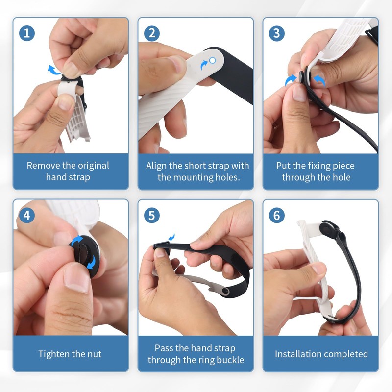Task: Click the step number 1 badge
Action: point(27,33)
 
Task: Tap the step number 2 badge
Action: point(152,33)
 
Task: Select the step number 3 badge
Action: point(277,33)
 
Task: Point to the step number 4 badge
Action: point(27,215)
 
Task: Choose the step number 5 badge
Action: point(152,215)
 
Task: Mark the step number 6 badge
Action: point(277,215)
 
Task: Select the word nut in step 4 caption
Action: point(93,354)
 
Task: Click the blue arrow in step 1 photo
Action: point(53,69)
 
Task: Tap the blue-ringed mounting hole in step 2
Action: point(212,60)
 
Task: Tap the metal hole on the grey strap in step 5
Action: point(223,292)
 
